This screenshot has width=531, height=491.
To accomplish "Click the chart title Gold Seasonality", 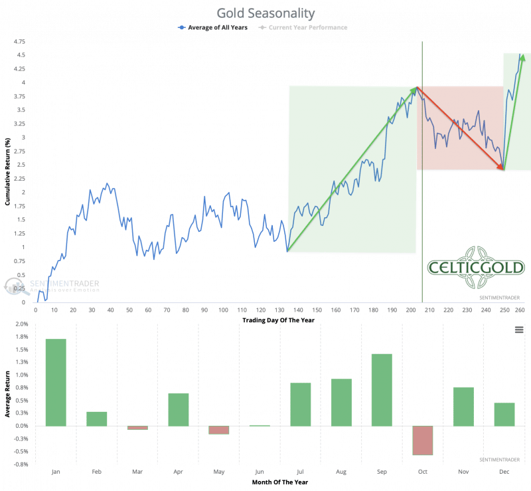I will pyautogui.click(x=265, y=13).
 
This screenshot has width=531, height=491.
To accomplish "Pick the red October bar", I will pyautogui.click(x=423, y=440).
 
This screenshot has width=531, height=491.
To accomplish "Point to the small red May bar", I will pyautogui.click(x=219, y=430).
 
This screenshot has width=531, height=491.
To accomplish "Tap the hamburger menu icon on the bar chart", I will pyautogui.click(x=518, y=330).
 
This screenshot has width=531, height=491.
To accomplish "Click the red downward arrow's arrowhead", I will pyautogui.click(x=502, y=168).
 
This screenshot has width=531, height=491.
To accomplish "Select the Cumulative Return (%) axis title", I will pyautogui.click(x=7, y=171).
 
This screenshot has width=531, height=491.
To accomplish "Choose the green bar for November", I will pyautogui.click(x=463, y=406).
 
